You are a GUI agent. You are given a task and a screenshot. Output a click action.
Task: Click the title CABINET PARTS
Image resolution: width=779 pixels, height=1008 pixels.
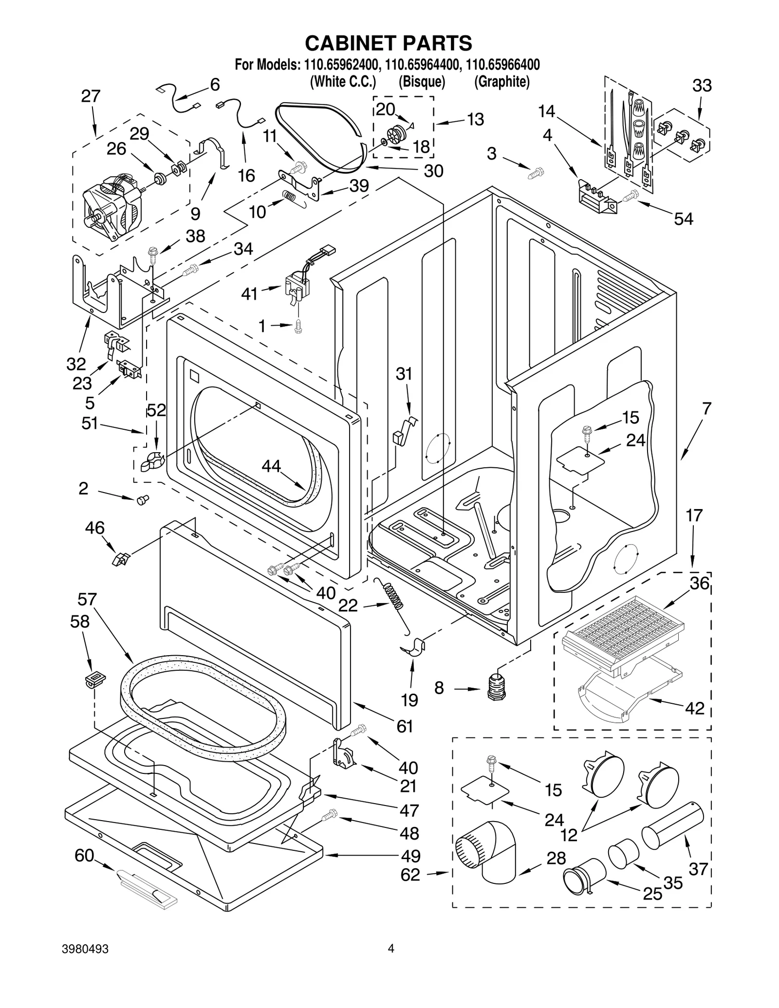(x=388, y=43)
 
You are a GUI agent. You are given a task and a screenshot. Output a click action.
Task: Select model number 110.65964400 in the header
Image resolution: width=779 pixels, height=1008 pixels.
(x=421, y=65)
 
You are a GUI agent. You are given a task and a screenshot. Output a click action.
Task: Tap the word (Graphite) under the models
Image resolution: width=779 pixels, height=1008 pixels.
(x=501, y=82)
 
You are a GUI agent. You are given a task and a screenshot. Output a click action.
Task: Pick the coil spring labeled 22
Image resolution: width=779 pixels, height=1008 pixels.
(x=394, y=594)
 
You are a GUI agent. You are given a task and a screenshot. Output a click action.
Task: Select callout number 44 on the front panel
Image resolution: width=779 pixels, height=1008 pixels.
(x=271, y=466)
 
